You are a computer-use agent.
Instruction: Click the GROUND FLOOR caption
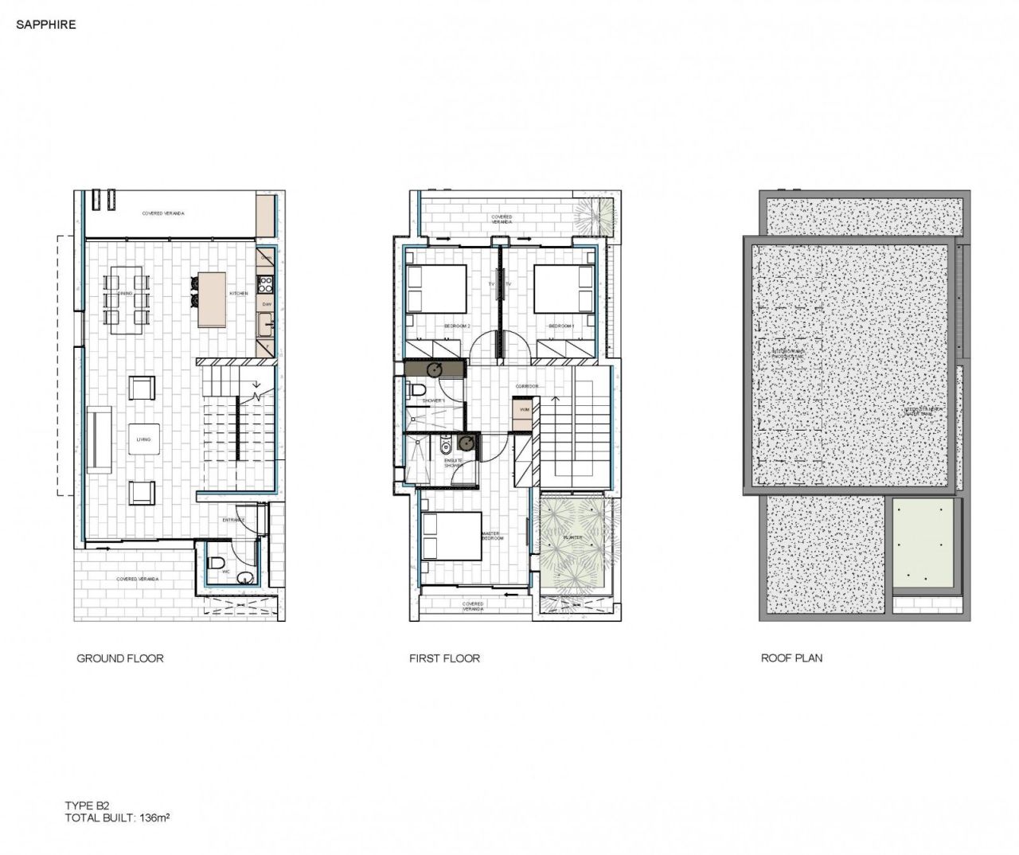119,658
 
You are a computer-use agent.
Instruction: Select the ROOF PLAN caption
791,658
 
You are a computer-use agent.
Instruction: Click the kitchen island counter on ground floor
213,299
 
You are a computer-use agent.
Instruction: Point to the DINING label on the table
125,294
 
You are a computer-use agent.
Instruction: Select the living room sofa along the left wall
100,440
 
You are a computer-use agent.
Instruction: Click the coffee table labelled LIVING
144,439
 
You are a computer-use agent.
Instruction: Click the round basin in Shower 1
435,369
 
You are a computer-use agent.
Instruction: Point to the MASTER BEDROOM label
491,535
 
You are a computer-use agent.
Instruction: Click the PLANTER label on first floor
572,537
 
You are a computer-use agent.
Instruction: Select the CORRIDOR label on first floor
526,386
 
